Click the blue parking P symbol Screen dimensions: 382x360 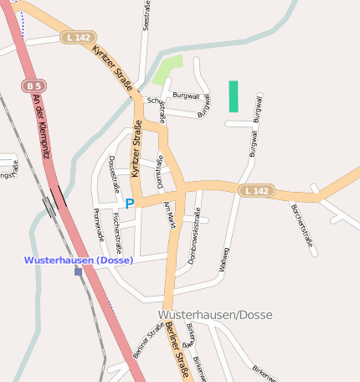click(130, 204)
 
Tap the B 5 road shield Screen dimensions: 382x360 click(32, 86)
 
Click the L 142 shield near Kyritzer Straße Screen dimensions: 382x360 click(77, 38)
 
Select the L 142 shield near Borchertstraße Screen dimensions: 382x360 click(256, 191)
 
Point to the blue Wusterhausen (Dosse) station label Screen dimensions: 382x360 click(78, 260)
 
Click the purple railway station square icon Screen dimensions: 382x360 click(78, 271)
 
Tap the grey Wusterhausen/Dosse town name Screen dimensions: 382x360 click(214, 314)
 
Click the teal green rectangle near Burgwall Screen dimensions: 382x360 click(234, 96)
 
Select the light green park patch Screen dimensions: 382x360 click(167, 70)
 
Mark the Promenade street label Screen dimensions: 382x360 click(99, 225)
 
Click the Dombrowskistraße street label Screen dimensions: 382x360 click(194, 243)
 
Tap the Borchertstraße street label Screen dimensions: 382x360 click(303, 226)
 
